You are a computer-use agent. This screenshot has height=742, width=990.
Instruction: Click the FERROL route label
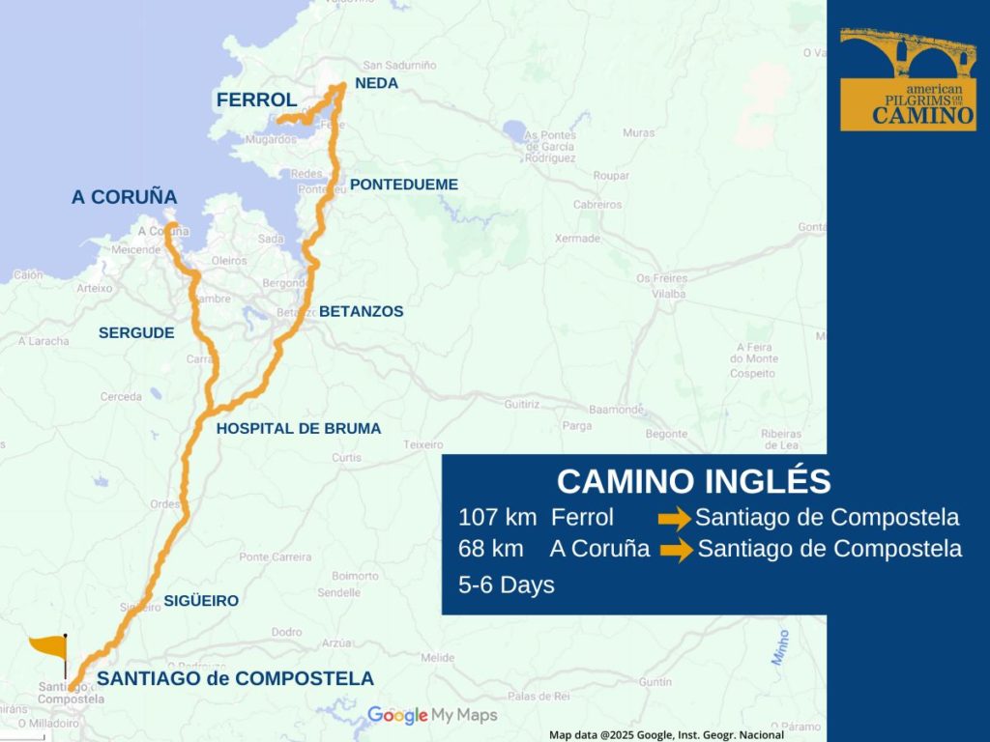256,100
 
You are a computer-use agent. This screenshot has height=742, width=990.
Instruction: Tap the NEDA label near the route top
376,83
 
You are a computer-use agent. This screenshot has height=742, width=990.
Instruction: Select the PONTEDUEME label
404,184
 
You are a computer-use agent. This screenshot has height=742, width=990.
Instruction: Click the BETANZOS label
361,311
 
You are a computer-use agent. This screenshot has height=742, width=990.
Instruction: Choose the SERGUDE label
136,332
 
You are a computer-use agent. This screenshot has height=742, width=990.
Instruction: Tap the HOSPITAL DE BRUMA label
299,428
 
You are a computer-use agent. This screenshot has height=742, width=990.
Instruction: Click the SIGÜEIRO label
201,600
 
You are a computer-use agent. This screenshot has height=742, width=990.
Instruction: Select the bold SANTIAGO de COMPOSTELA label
235,678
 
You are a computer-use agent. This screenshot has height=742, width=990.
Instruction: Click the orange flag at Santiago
48,646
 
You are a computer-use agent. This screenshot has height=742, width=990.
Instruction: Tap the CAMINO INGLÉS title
693,481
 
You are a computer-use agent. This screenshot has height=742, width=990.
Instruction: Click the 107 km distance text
497,517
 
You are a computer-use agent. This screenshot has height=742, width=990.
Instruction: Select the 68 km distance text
491,549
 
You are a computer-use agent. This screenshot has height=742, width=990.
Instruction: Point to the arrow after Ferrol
674,519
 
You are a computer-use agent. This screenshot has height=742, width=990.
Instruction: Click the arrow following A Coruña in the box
676,551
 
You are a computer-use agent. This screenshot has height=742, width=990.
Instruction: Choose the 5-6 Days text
507,585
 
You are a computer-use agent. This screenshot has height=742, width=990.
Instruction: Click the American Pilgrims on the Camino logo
907,79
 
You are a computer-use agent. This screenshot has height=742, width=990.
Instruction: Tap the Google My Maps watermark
432,715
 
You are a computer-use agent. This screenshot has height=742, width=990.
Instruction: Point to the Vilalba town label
671,293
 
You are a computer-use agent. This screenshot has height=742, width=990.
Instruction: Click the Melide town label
437,657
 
